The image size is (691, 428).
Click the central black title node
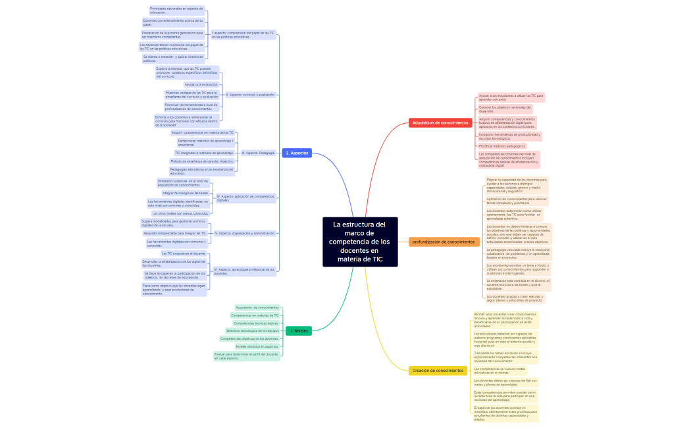pyautogui.click(x=361, y=242)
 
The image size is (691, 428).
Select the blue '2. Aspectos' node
pyautogui.click(x=297, y=153)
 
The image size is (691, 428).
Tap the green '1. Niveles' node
pyautogui.click(x=299, y=331)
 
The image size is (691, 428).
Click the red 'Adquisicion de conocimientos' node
pyautogui.click(x=440, y=122)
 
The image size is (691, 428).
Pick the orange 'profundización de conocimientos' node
pyautogui.click(x=444, y=242)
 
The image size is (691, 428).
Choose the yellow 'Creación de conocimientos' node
pyautogui.click(x=438, y=371)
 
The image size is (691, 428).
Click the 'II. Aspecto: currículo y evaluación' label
pyautogui.click(x=250, y=95)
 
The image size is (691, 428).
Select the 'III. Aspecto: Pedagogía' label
pyautogui.click(x=258, y=153)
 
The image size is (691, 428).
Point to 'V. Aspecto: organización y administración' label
pyautogui.click(x=245, y=233)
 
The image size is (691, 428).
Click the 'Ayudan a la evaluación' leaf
pyautogui.click(x=201, y=84)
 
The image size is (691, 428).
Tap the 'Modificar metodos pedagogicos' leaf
pyautogui.click(x=502, y=146)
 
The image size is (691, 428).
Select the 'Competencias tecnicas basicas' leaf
pyautogui.click(x=255, y=323)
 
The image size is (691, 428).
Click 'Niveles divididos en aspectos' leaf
pyautogui.click(x=257, y=346)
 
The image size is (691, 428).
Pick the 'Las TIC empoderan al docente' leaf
pyautogui.click(x=184, y=253)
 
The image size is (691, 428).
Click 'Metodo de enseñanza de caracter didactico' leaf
pyautogui.click(x=201, y=161)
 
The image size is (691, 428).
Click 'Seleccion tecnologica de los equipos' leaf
pyautogui.click(x=252, y=331)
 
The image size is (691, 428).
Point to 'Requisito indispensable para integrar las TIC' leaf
pyautogui.click(x=174, y=233)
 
